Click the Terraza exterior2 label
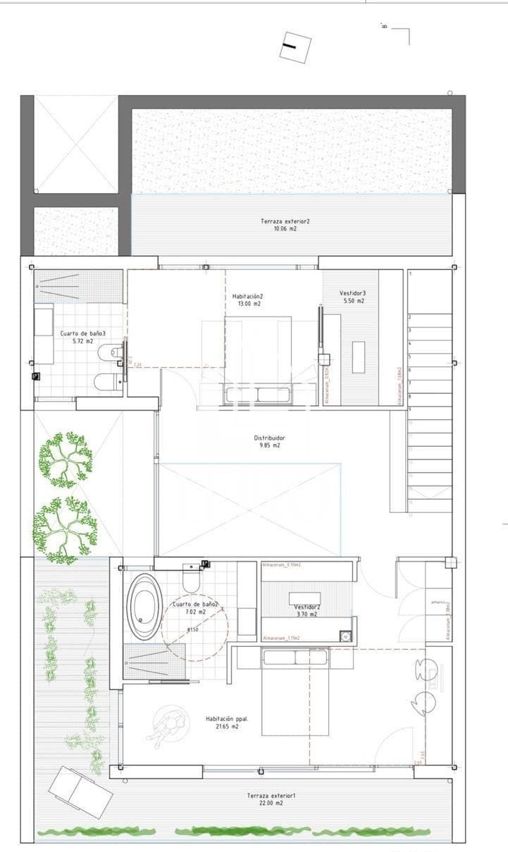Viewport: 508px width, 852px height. [285, 221]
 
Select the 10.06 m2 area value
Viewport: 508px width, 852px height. [285, 229]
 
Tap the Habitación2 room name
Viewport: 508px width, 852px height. [247, 297]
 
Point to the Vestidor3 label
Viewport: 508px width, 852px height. [352, 293]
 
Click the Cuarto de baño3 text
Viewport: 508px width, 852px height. [82, 333]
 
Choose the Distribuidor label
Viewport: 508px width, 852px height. [270, 438]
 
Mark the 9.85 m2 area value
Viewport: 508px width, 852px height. [270, 445]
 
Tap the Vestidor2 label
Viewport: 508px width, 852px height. [307, 606]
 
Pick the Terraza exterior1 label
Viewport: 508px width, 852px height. [271, 796]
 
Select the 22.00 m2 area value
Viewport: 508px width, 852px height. [271, 803]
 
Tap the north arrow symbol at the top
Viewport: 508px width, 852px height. [295, 48]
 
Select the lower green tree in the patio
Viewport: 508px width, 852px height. [65, 529]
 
